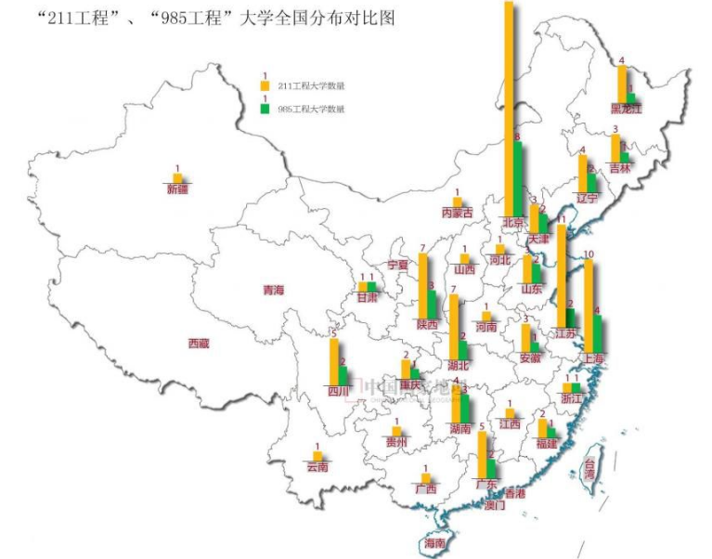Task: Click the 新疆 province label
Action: coord(177,189)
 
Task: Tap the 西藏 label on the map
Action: coord(199,344)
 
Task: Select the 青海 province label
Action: coord(274,291)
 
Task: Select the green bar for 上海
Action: coord(598,334)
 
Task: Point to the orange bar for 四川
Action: coord(334,361)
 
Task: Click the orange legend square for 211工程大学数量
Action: coord(265,86)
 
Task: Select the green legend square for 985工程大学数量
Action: coord(265,110)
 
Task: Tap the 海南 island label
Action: coord(434,543)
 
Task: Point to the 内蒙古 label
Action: coord(457,213)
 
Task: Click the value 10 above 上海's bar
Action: coord(588,254)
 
